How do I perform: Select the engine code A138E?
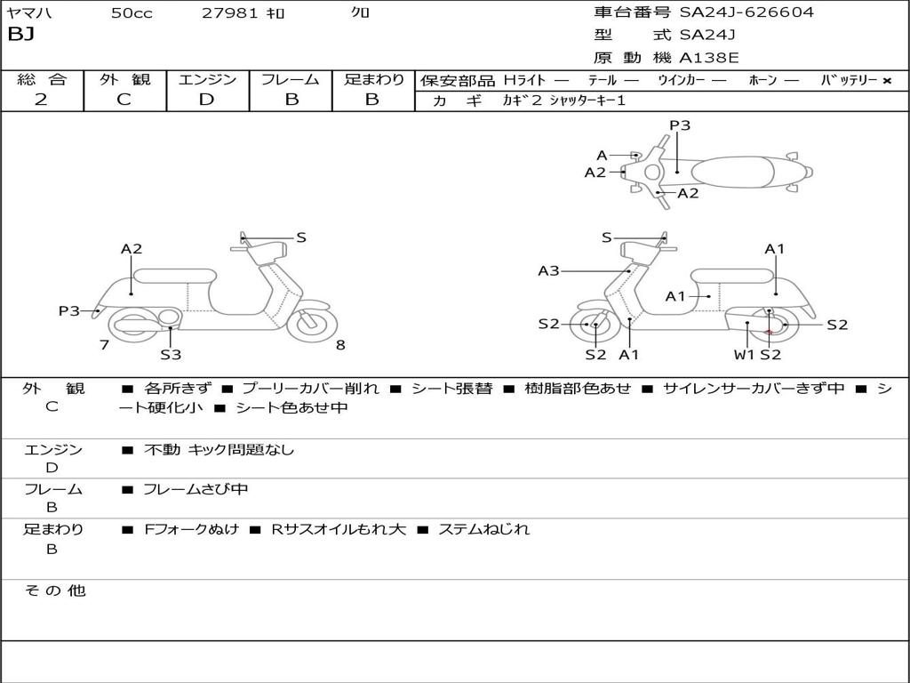click(709, 58)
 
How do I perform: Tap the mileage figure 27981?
click(230, 12)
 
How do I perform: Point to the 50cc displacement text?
click(130, 12)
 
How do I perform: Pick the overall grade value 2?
click(41, 100)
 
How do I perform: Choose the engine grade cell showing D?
click(206, 100)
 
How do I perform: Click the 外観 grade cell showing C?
click(124, 100)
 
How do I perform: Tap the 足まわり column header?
click(373, 79)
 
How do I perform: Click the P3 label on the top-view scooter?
click(680, 125)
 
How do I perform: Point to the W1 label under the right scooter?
click(744, 355)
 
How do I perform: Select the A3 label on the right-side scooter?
click(548, 270)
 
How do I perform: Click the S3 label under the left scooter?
click(171, 355)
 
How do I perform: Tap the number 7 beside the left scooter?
click(104, 345)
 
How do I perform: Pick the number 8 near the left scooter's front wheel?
click(340, 345)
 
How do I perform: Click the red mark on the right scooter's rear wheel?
click(769, 332)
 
